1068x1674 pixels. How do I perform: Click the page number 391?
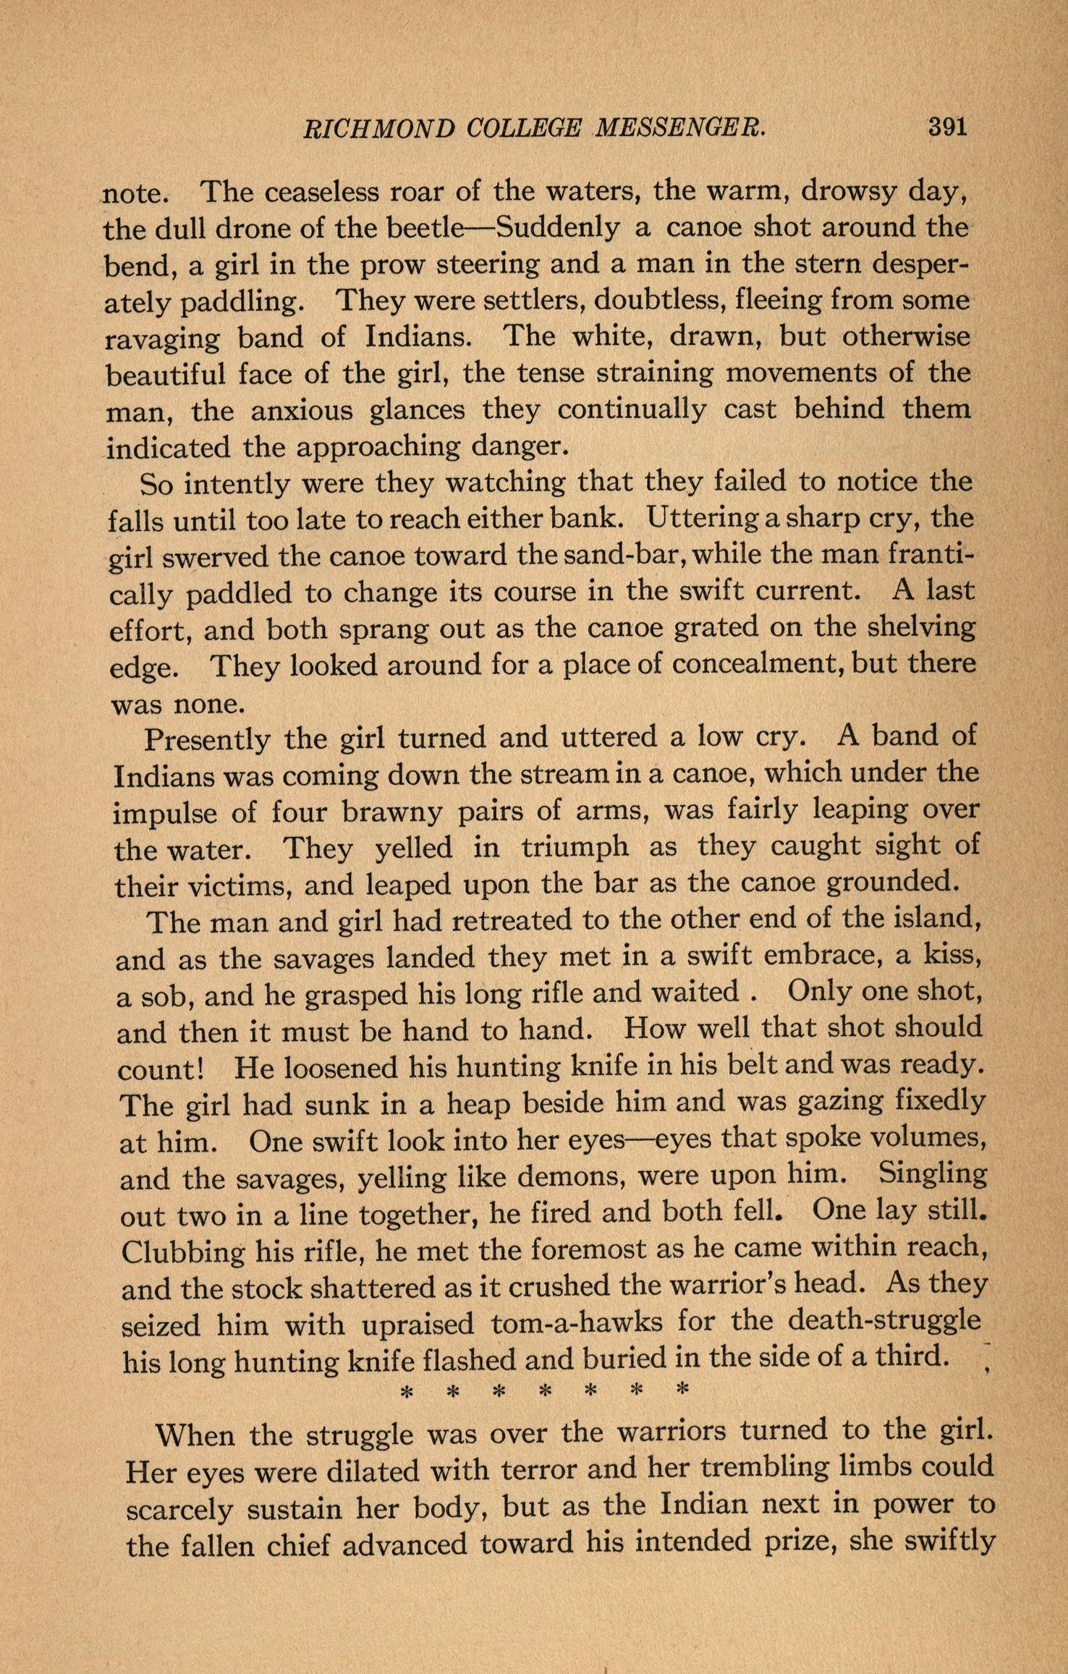click(x=947, y=127)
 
